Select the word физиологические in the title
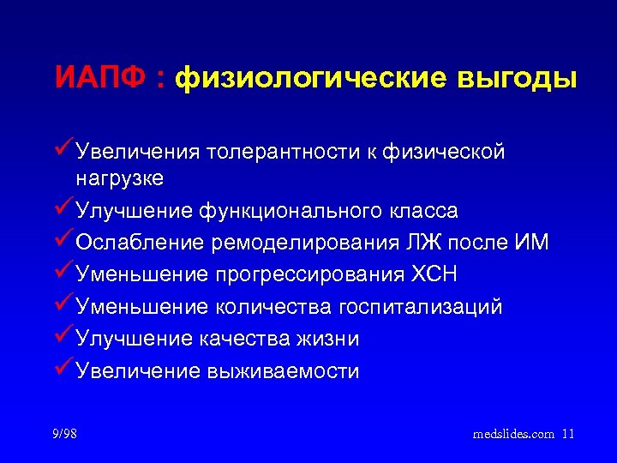pyautogui.click(x=308, y=79)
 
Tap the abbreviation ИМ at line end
pyautogui.click(x=531, y=243)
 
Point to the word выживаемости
pyautogui.click(x=285, y=370)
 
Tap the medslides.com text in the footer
pyautogui.click(x=513, y=434)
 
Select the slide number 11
pyautogui.click(x=568, y=434)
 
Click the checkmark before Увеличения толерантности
pyautogui.click(x=63, y=150)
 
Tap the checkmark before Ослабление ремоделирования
pyautogui.click(x=63, y=241)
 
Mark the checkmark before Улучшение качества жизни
pyautogui.click(x=63, y=337)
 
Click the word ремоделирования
pyautogui.click(x=304, y=243)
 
